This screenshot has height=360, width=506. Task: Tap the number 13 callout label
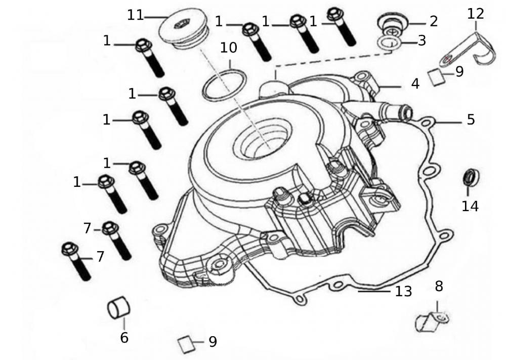click(x=404, y=291)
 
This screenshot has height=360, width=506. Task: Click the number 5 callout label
click(x=471, y=120)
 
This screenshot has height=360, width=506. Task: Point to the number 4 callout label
click(x=415, y=84)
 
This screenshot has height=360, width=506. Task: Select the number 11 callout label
click(x=136, y=15)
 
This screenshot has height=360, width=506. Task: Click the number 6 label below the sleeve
click(x=124, y=337)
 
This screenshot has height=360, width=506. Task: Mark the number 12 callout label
click(x=476, y=14)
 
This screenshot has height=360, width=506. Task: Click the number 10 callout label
click(x=229, y=48)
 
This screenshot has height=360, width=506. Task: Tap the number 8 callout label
click(x=439, y=286)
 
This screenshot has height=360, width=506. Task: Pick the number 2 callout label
click(x=434, y=21)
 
